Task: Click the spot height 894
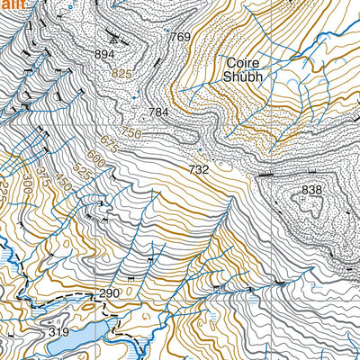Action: (x=105, y=55)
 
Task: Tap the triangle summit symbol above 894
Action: (x=112, y=40)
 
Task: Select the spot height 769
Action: (x=180, y=37)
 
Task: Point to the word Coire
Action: (x=243, y=63)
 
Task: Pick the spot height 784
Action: (x=159, y=112)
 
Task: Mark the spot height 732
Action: (x=199, y=169)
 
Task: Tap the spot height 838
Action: (x=311, y=190)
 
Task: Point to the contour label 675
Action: (x=110, y=143)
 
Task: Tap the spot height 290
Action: (x=109, y=294)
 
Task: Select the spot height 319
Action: (x=58, y=332)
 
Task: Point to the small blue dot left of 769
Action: (x=167, y=31)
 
